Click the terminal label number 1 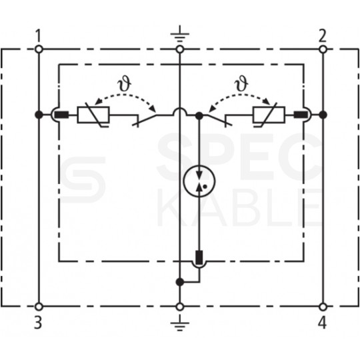pyautogui.click(x=39, y=35)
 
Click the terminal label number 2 pyautogui.click(x=323, y=35)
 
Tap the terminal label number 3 pyautogui.click(x=39, y=323)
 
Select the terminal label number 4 pyautogui.click(x=323, y=323)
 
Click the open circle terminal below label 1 pyautogui.click(x=39, y=49)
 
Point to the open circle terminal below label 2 pyautogui.click(x=323, y=49)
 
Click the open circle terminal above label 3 pyautogui.click(x=39, y=307)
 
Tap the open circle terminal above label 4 pyautogui.click(x=323, y=307)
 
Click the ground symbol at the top pyautogui.click(x=180, y=35)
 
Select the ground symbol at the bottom pyautogui.click(x=180, y=323)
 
